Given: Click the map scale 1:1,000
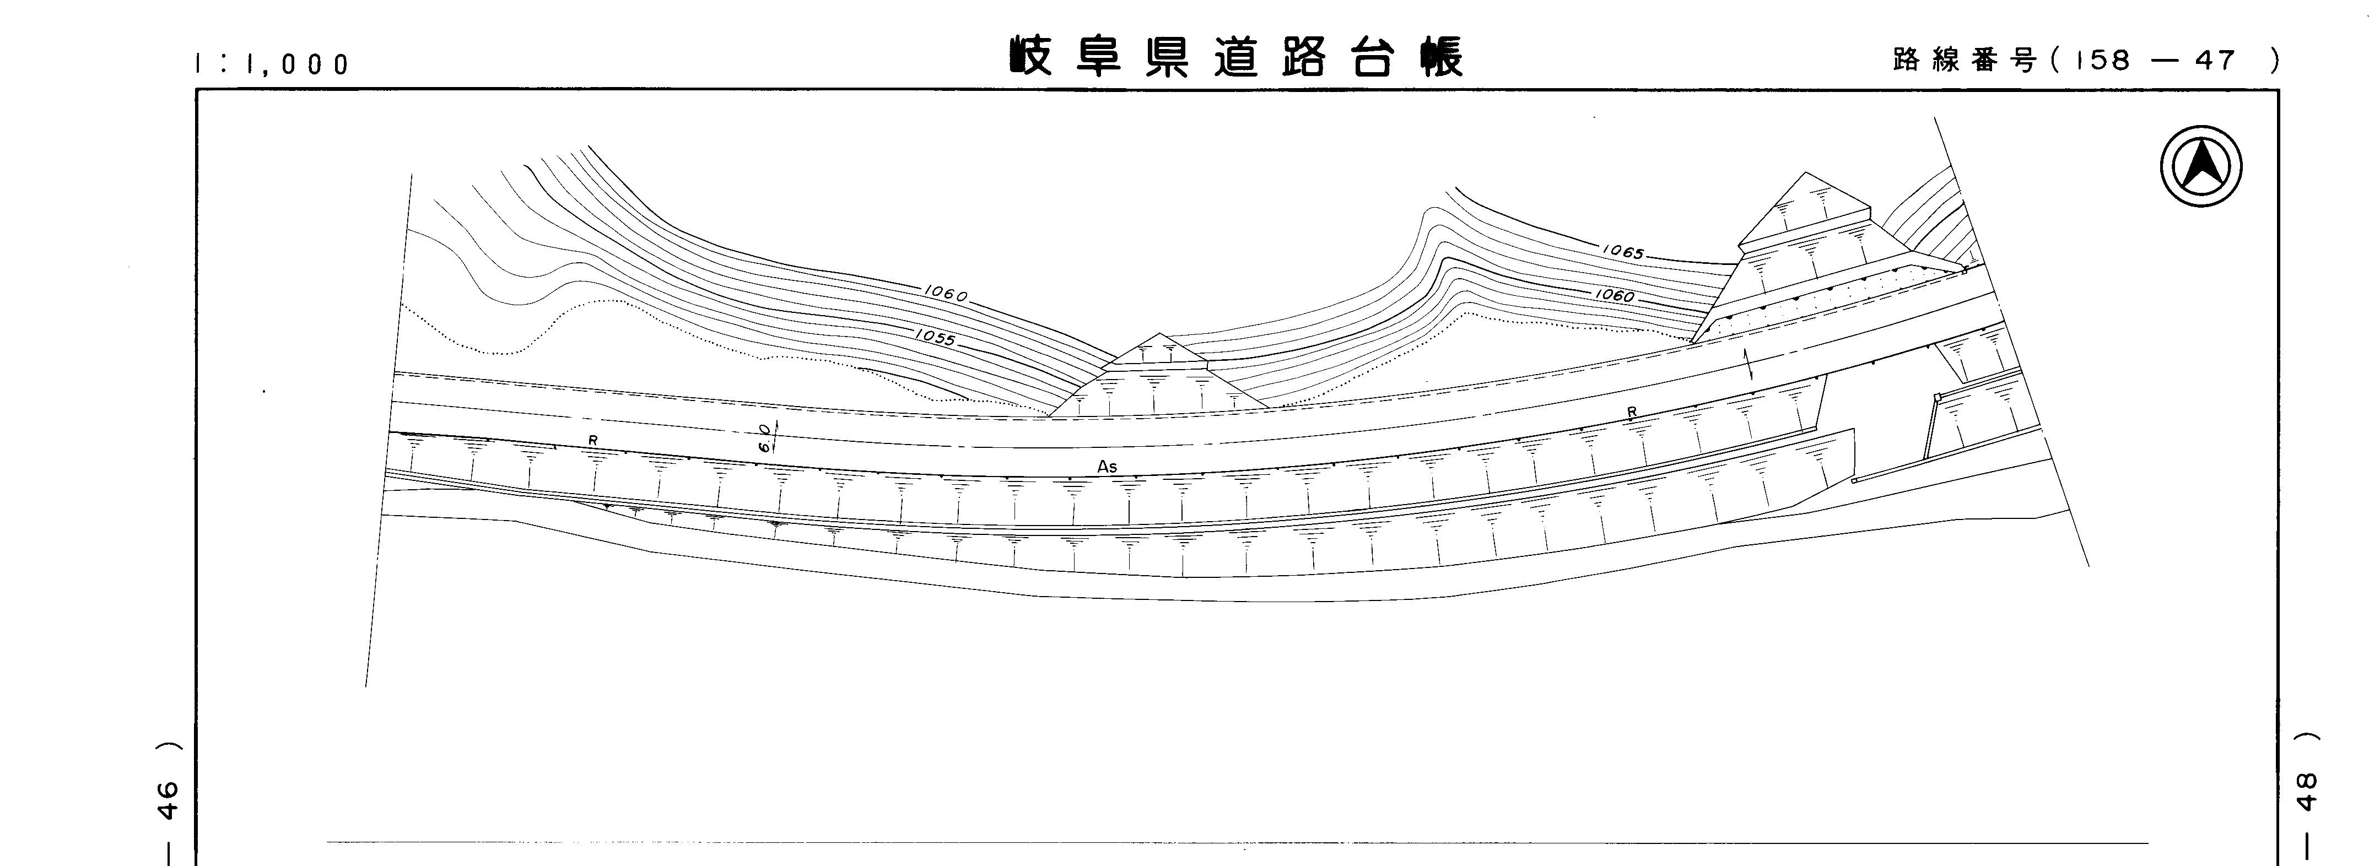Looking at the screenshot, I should (272, 64).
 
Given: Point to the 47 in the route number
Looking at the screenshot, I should (2215, 61).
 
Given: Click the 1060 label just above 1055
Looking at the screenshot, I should (946, 294).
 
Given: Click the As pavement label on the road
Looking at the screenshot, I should (1107, 467).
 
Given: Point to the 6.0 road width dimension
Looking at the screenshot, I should (765, 437).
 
